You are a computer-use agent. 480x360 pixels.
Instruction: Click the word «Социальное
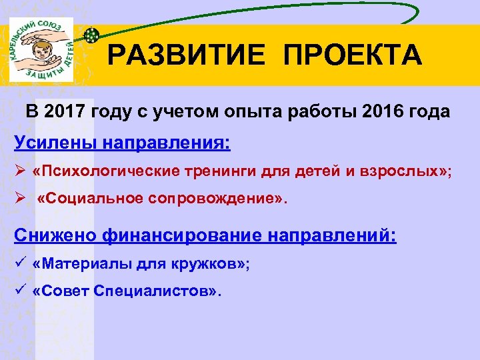89,199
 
